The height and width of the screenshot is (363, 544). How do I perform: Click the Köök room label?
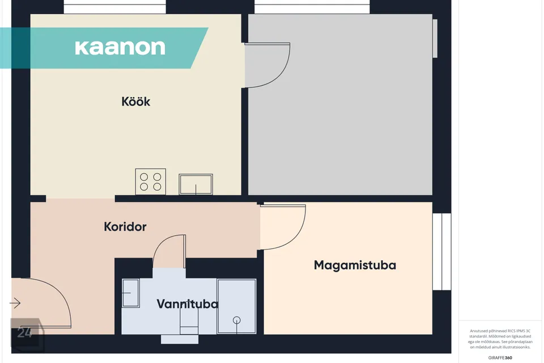coord(135,102)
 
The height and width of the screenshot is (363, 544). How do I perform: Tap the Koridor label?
coord(125,227)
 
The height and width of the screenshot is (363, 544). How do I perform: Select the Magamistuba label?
coord(355,265)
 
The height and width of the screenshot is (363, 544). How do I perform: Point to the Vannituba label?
coord(188,304)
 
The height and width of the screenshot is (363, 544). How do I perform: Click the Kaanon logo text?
coord(120,48)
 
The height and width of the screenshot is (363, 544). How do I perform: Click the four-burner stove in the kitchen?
coord(151,181)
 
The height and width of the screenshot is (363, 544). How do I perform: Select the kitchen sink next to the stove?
coord(195,184)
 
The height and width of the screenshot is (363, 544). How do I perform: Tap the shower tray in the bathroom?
coord(237,306)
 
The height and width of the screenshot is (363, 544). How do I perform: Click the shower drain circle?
coord(237,320)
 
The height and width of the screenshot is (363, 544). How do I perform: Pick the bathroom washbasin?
coord(130,293)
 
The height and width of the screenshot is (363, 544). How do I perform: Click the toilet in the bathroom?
coord(189,322)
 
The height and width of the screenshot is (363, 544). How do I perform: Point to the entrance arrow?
coord(15,303)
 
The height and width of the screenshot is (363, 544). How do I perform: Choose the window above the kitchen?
coord(115,7)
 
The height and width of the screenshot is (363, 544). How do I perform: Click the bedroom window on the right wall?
coord(442,251)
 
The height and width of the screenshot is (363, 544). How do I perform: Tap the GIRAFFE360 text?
coord(500,357)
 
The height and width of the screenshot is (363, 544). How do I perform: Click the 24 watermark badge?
coord(27,334)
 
